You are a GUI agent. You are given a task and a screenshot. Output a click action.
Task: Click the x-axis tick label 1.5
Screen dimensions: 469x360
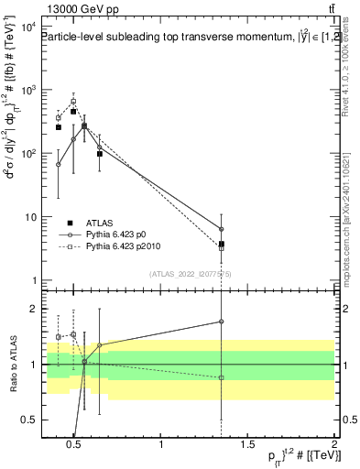[247, 445]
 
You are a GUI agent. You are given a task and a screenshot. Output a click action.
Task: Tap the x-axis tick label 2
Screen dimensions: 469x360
[333, 445]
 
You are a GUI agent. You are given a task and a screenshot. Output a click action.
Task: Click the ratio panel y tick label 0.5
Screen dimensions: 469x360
[25, 420]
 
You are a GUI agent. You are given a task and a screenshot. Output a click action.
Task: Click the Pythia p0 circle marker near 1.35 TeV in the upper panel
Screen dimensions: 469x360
[222, 229]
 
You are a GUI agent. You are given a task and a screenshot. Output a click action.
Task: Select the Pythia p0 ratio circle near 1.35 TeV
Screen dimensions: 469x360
[222, 322]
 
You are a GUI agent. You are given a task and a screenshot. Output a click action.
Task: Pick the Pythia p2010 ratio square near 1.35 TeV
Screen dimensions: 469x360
[222, 378]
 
